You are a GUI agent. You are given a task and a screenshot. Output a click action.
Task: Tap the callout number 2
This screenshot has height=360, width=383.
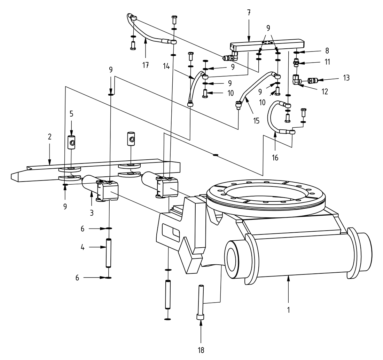tap(50, 136)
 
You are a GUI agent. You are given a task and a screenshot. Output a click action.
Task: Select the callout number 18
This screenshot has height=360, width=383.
tap(201, 349)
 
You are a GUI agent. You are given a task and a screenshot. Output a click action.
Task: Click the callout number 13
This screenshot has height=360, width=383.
tap(345, 78)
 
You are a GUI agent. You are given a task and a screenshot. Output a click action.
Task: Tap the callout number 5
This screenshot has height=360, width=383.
tap(71, 113)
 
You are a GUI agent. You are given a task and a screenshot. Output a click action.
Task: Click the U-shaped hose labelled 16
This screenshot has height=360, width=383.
tap(272, 118)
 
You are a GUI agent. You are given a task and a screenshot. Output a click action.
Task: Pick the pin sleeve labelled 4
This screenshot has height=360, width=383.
tap(108, 253)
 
